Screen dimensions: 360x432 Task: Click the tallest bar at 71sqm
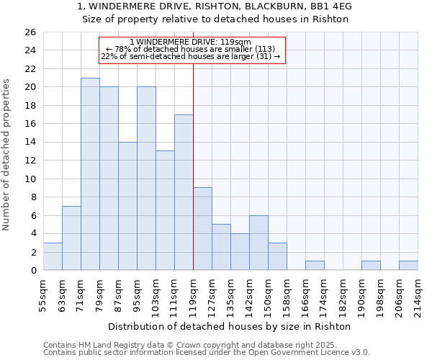click(x=90, y=174)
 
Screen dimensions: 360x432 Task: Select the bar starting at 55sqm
click(x=53, y=256)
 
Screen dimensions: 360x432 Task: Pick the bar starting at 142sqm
click(x=258, y=243)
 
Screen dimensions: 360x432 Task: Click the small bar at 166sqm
click(x=315, y=266)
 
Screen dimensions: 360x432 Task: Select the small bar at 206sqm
click(x=408, y=266)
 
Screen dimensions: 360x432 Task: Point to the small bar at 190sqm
click(x=371, y=266)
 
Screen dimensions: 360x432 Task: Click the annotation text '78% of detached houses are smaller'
click(x=191, y=49)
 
